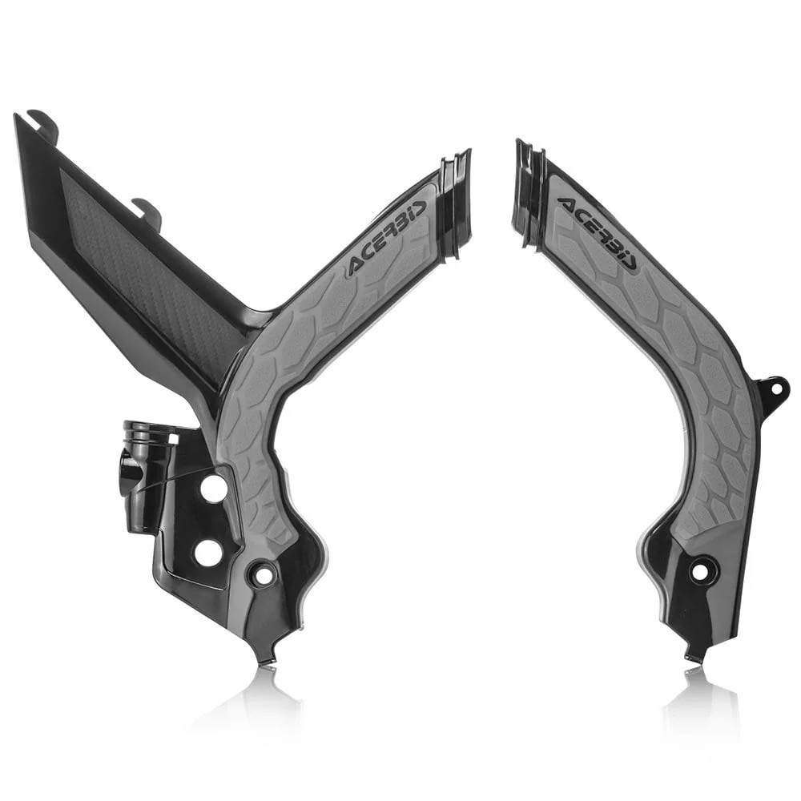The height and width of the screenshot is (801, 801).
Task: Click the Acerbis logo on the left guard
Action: pos(385,238)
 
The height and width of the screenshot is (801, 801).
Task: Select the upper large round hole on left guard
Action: pos(214,489)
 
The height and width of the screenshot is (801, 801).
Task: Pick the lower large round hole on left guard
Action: pos(208,552)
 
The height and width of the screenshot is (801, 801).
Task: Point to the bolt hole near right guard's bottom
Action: pos(698,570)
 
